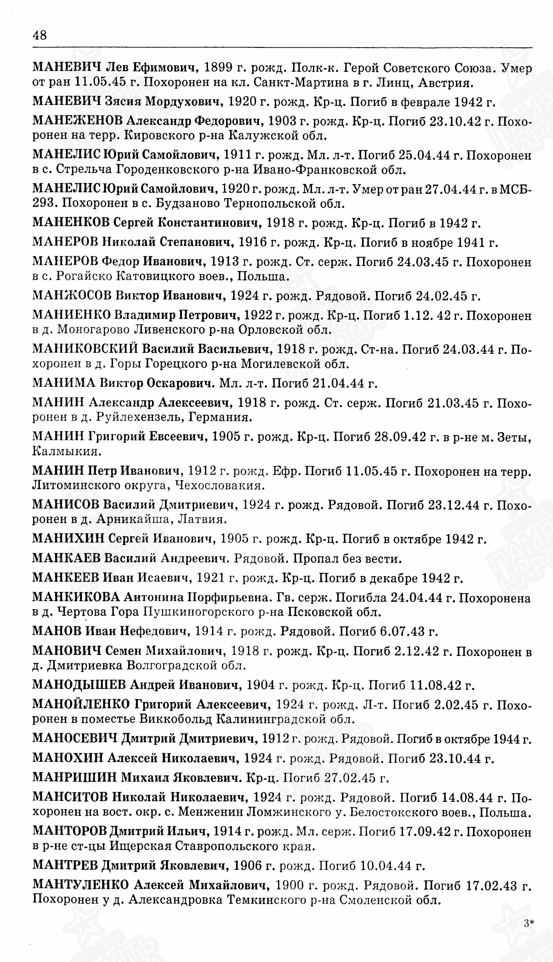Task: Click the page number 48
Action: pyautogui.click(x=40, y=35)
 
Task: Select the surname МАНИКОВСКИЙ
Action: pyautogui.click(x=87, y=349)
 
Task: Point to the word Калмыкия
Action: pyautogui.click(x=67, y=451)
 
